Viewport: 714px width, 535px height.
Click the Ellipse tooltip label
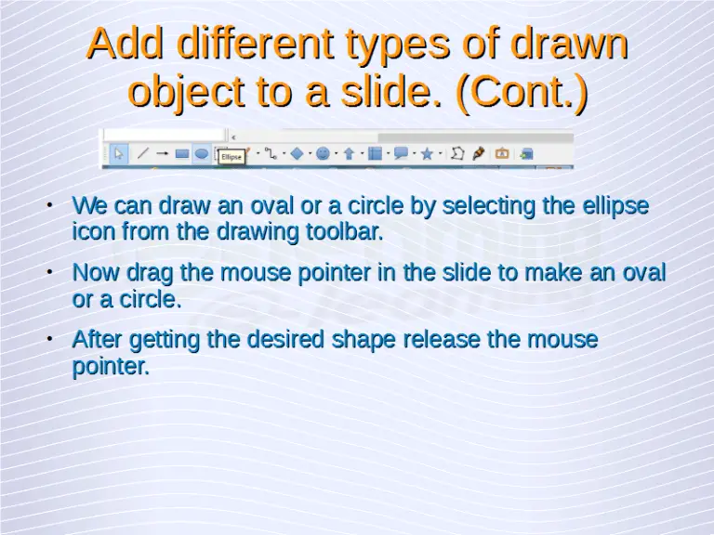pyautogui.click(x=231, y=157)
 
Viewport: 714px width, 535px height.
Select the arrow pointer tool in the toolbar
pyautogui.click(x=119, y=153)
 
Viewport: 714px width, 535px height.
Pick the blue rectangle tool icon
pyautogui.click(x=182, y=153)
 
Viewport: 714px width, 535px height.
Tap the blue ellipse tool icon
pyautogui.click(x=201, y=153)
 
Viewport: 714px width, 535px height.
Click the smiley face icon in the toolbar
pyautogui.click(x=323, y=153)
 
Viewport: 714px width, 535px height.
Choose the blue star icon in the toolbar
pyautogui.click(x=427, y=153)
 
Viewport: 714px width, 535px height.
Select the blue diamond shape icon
pyautogui.click(x=297, y=153)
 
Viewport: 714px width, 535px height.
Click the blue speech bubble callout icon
pyautogui.click(x=401, y=153)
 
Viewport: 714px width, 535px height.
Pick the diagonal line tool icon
pyautogui.click(x=143, y=153)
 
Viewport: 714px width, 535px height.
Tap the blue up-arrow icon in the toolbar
pyautogui.click(x=349, y=153)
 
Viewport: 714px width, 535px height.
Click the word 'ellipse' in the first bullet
pyautogui.click(x=614, y=205)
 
